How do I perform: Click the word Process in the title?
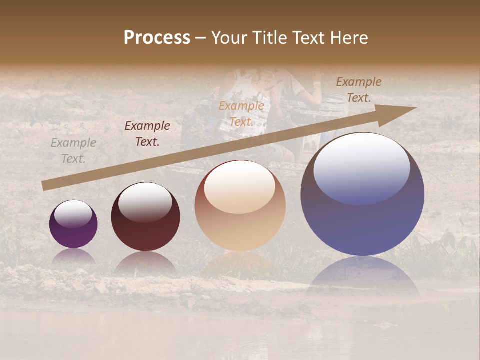pos(157,38)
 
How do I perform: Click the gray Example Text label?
pos(73,151)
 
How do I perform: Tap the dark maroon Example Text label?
pos(147,134)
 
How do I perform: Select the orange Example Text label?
pos(241,113)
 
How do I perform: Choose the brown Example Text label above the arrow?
pos(359,90)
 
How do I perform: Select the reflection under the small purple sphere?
pos(73,256)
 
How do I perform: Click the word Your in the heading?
pos(229,38)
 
